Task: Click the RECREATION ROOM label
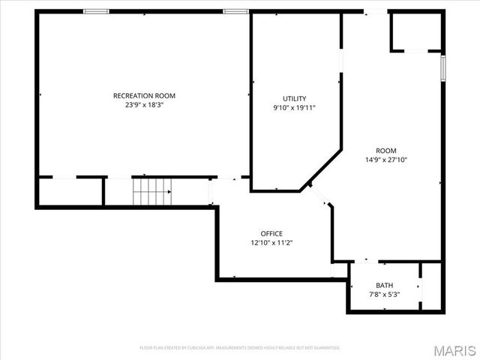(x=144, y=95)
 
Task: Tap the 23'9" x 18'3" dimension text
(x=144, y=106)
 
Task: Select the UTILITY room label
(x=294, y=98)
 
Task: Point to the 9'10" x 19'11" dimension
(x=294, y=108)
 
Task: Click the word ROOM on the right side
(x=385, y=150)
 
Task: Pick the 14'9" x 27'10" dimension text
(x=385, y=160)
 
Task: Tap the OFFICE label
(x=271, y=233)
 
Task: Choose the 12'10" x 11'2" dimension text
(x=271, y=243)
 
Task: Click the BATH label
(x=384, y=285)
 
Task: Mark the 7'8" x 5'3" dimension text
(x=384, y=295)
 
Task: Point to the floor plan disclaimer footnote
(x=240, y=348)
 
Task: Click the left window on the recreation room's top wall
(x=95, y=11)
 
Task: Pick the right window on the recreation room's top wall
(x=235, y=11)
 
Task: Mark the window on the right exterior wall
(x=443, y=67)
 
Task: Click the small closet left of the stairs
(x=70, y=191)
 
